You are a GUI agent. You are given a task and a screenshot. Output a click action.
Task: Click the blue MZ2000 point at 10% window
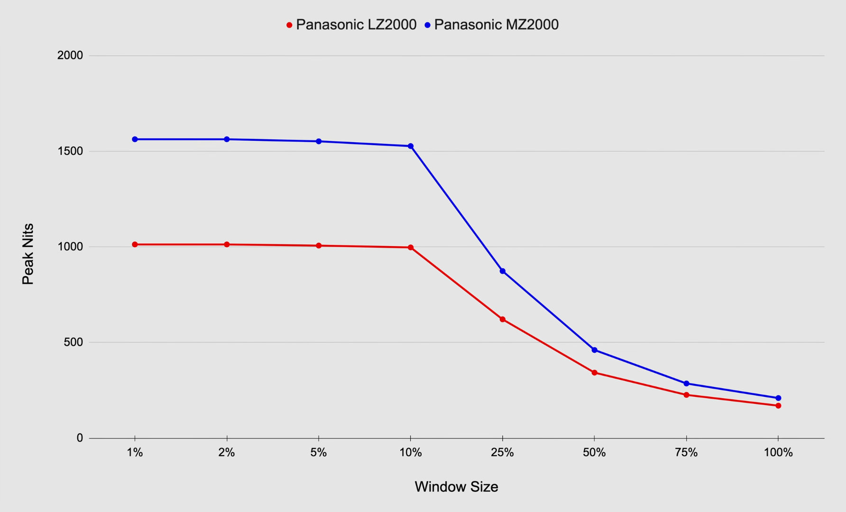click(x=411, y=146)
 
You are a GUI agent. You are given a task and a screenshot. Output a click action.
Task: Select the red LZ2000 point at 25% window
click(x=503, y=320)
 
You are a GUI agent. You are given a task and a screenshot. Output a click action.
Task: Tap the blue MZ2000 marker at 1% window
click(x=135, y=139)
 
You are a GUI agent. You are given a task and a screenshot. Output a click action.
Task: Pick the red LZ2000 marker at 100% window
click(x=778, y=406)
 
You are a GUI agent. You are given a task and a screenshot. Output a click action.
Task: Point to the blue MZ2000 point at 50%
click(x=595, y=350)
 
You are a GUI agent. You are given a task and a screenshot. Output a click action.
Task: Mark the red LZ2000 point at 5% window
click(x=319, y=246)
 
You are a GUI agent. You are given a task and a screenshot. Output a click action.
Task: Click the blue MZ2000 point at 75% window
click(x=686, y=384)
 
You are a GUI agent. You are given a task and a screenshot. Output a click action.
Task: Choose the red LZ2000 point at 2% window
click(x=227, y=245)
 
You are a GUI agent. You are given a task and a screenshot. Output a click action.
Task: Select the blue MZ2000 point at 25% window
click(x=503, y=271)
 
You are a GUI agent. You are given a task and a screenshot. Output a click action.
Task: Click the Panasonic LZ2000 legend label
click(x=356, y=25)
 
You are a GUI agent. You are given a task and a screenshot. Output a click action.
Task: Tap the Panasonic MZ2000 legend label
click(x=496, y=25)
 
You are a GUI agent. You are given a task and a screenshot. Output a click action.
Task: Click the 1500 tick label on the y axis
click(x=70, y=151)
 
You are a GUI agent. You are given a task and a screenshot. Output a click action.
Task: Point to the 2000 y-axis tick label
click(x=70, y=55)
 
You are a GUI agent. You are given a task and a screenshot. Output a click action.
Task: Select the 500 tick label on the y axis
click(x=74, y=342)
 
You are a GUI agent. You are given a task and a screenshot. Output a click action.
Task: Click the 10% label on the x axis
click(x=411, y=453)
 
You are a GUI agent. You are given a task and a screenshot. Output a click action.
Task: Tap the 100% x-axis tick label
click(x=778, y=453)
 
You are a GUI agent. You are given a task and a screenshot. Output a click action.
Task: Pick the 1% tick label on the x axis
click(x=135, y=453)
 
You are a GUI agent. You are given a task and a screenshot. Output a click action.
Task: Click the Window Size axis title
click(x=456, y=487)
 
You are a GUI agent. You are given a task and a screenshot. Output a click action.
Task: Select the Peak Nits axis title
click(x=28, y=254)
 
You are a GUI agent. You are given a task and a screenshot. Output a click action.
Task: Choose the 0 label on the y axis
click(x=80, y=438)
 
